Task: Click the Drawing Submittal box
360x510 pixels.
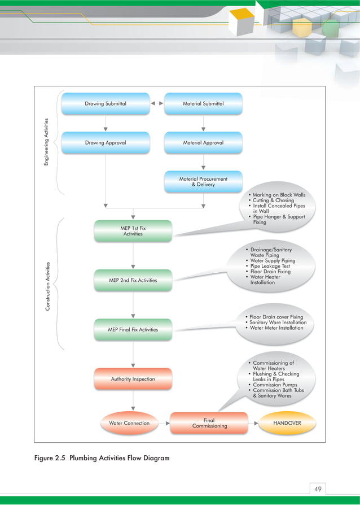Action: point(106,104)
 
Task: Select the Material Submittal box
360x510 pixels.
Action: point(203,104)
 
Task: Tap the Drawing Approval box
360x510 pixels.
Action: point(106,143)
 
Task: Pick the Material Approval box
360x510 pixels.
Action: point(203,143)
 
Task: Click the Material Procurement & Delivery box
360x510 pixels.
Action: point(203,181)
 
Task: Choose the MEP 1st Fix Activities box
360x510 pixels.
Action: point(133,230)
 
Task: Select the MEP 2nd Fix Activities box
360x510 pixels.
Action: point(133,280)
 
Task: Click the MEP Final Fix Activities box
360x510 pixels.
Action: point(133,329)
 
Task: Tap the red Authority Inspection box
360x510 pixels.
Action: point(133,379)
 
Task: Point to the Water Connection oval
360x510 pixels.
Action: point(129,423)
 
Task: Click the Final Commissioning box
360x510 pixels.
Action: point(209,423)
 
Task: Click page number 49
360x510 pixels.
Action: point(318,489)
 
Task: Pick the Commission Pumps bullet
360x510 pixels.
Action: point(275,385)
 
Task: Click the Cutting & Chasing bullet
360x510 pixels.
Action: point(273,200)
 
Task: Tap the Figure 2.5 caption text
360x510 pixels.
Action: point(102,458)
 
